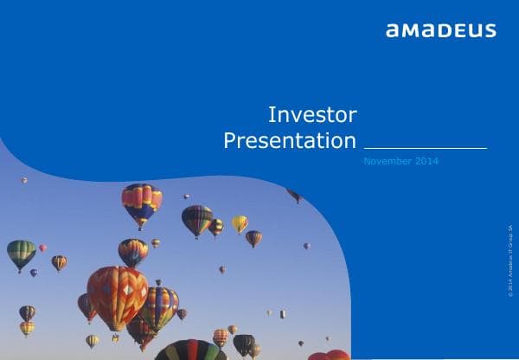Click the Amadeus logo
point(440,30)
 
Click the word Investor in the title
point(312,114)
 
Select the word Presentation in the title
point(290,141)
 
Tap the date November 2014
point(401,162)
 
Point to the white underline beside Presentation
point(425,148)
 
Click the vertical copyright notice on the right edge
point(511,260)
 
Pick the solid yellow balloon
point(240,223)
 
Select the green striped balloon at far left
point(21,253)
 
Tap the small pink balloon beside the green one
point(42,247)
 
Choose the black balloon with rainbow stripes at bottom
point(189,350)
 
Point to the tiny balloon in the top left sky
point(24,180)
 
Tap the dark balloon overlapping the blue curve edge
point(294,196)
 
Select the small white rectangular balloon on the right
point(283,313)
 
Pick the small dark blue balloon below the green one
point(34,273)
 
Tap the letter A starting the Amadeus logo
point(393,31)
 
